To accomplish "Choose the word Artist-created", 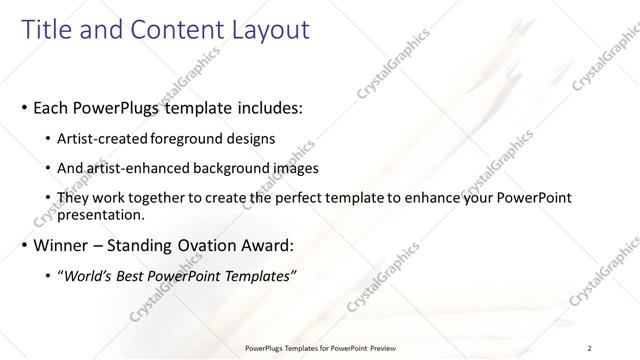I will (x=102, y=137).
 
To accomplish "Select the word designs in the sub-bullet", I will (x=251, y=137).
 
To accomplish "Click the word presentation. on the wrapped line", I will (x=102, y=214).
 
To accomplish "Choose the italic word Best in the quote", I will (x=137, y=276).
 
